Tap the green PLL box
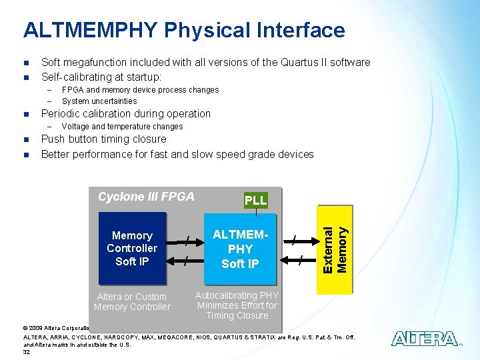pos(255,200)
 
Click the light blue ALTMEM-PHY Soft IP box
pos(240,249)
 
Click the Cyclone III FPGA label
pos(146,197)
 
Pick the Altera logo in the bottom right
pos(424,339)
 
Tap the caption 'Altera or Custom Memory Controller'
pos(132,302)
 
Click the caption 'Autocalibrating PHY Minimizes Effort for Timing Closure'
pos(237,305)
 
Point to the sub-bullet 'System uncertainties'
pos(99,101)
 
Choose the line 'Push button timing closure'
pos(103,139)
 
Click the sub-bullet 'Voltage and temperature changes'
pos(121,127)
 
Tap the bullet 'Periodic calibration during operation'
pos(125,114)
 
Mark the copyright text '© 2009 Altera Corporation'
pos(60,328)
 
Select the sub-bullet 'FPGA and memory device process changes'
pos(139,90)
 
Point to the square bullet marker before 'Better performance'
pos(25,155)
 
